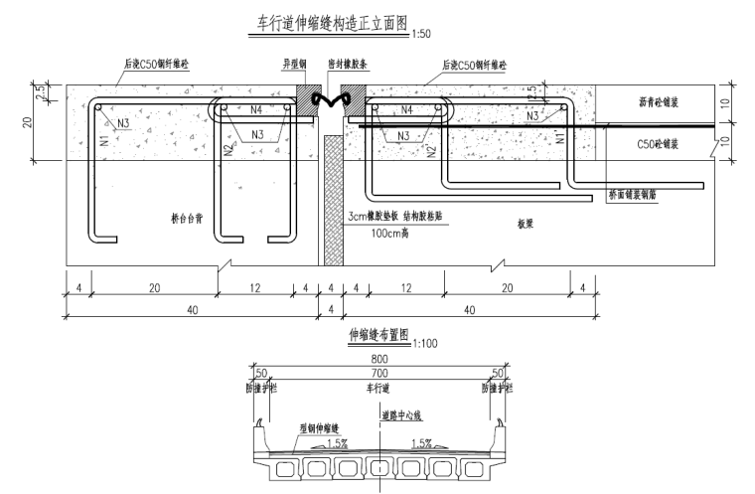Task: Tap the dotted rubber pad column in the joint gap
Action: [332, 199]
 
